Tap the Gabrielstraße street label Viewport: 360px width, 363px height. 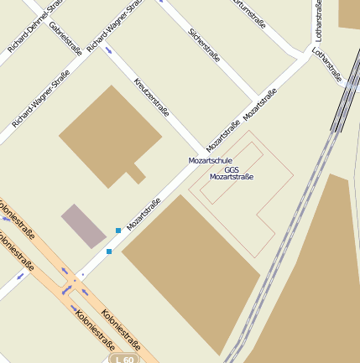click(65, 39)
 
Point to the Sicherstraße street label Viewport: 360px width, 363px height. click(204, 46)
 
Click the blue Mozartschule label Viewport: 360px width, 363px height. click(210, 159)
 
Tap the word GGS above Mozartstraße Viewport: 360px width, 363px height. click(232, 169)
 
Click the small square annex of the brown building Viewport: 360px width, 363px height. click(135, 174)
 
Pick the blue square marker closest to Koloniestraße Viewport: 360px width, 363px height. click(109, 251)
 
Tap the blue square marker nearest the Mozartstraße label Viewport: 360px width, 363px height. click(118, 230)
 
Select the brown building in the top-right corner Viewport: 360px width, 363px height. click(349, 13)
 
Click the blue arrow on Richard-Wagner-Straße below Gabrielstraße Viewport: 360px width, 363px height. click(110, 51)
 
